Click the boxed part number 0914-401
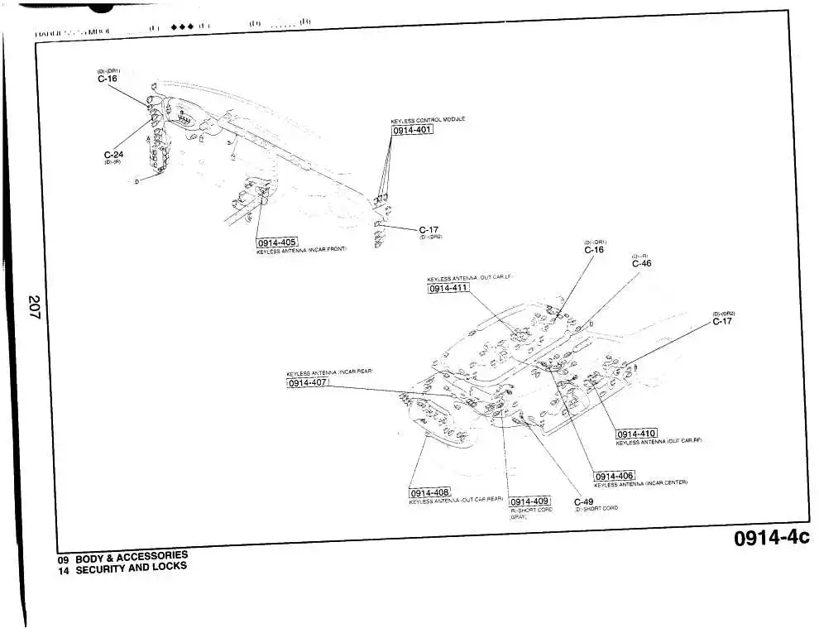412,130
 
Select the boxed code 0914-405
276,242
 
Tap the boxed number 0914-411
448,288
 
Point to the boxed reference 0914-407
308,382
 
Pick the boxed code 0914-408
429,493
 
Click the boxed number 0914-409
529,501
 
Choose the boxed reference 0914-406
614,476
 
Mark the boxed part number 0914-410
636,434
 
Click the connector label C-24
113,155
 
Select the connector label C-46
641,264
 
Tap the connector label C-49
583,501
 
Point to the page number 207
34,308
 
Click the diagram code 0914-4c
771,538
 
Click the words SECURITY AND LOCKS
131,568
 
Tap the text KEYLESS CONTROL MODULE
427,120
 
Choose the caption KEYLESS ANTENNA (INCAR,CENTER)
640,483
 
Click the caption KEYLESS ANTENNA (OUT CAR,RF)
659,442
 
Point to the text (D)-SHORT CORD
596,509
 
